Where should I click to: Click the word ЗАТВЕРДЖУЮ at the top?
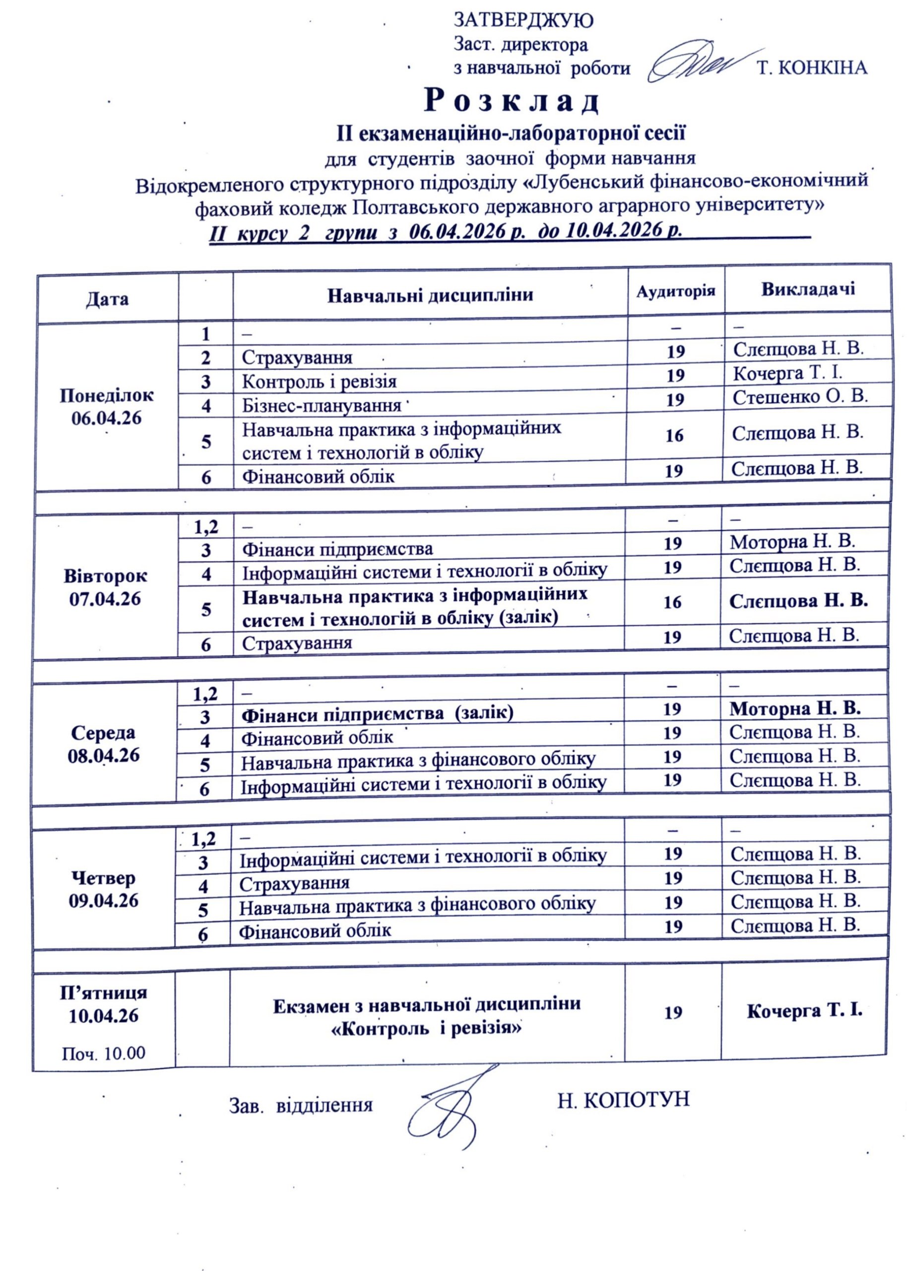click(523, 21)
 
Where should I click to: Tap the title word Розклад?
click(512, 101)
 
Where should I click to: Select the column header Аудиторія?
click(676, 291)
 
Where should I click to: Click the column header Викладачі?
click(808, 289)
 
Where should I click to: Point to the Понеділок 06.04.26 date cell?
click(107, 407)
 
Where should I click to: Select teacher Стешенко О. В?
click(800, 396)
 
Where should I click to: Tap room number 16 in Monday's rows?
click(675, 435)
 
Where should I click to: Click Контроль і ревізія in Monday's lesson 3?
click(319, 382)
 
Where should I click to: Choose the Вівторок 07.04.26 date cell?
click(106, 587)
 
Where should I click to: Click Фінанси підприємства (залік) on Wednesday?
click(378, 713)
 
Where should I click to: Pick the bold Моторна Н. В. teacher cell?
click(795, 708)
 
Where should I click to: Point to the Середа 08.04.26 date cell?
click(103, 744)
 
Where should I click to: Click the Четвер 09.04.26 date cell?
click(103, 889)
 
